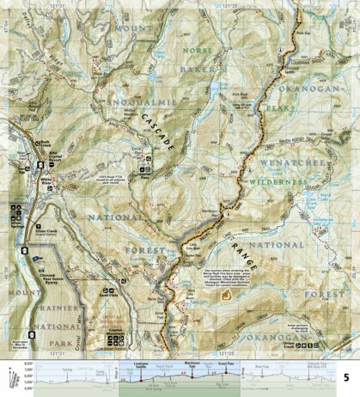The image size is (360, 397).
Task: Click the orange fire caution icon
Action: click(x=226, y=293)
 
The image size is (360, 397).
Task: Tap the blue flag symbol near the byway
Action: click(x=35, y=256)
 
